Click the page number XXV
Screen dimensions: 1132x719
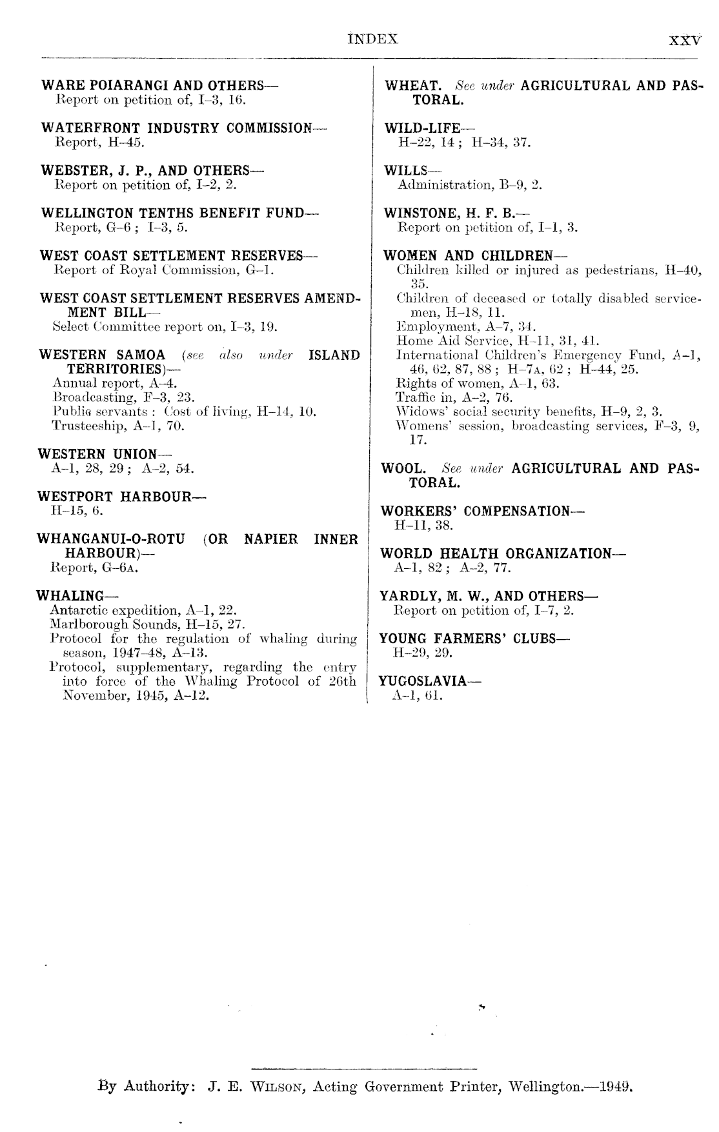point(684,39)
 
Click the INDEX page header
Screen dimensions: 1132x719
point(374,39)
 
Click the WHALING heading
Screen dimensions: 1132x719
point(70,595)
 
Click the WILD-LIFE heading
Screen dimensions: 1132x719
point(422,128)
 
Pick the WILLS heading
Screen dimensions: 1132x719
point(406,170)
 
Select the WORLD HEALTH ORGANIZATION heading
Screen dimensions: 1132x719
point(495,553)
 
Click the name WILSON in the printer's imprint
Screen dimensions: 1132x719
point(281,1087)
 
